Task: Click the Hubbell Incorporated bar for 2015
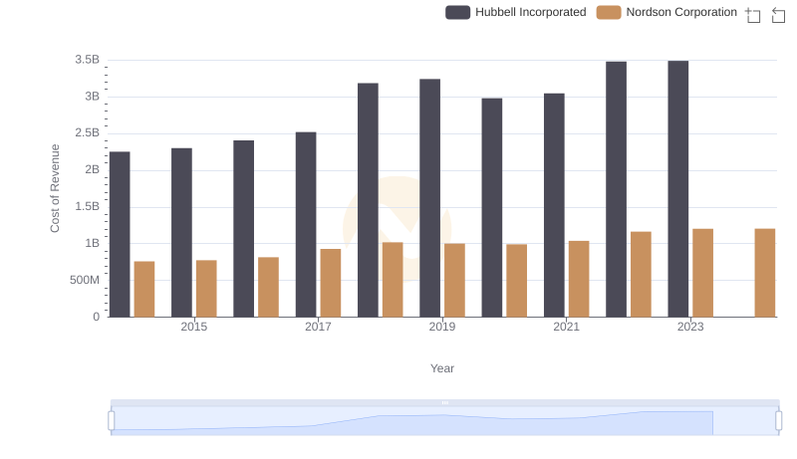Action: pyautogui.click(x=181, y=233)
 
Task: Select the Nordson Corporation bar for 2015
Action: pyautogui.click(x=206, y=289)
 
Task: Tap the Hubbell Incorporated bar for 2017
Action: pyautogui.click(x=306, y=225)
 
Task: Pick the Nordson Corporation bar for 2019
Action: pyautogui.click(x=454, y=281)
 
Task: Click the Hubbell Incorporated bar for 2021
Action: pyautogui.click(x=554, y=205)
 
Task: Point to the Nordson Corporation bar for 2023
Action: pyautogui.click(x=703, y=273)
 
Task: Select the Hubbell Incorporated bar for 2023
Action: pyautogui.click(x=678, y=189)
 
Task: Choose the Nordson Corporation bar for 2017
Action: pyautogui.click(x=331, y=283)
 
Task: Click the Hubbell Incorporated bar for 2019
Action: pyautogui.click(x=429, y=198)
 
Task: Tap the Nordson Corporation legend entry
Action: pyautogui.click(x=666, y=12)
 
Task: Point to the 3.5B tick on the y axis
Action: pyautogui.click(x=87, y=60)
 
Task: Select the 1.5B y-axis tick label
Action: pyautogui.click(x=87, y=207)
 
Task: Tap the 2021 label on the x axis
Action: pyautogui.click(x=566, y=327)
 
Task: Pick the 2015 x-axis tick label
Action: pyautogui.click(x=194, y=327)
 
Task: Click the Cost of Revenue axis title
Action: pyautogui.click(x=56, y=188)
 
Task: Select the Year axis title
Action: pyautogui.click(x=442, y=368)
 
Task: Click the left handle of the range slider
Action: pyautogui.click(x=112, y=421)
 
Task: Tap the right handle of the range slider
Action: pyautogui.click(x=779, y=421)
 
